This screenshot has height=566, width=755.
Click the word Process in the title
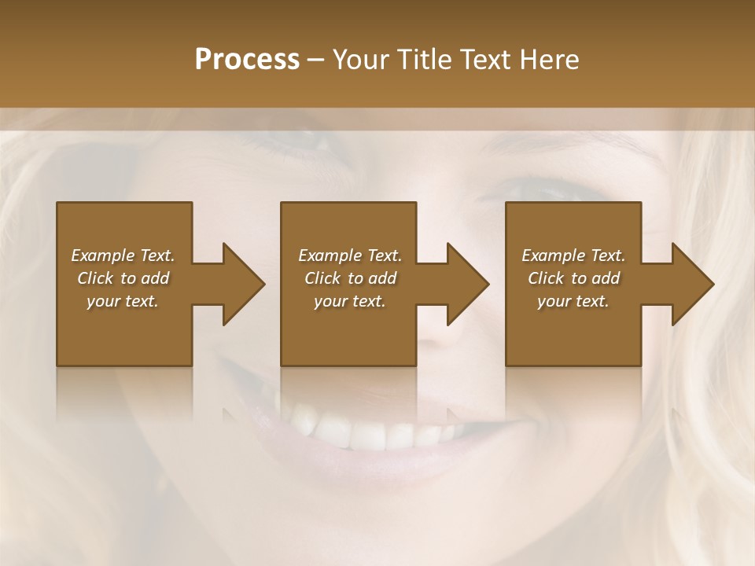[247, 60]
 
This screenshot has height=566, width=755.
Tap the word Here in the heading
[548, 60]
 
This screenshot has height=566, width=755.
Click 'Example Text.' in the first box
[123, 255]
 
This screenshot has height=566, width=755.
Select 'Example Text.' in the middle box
[350, 255]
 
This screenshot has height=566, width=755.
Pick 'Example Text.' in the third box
[573, 255]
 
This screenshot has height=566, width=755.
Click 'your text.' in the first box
[123, 301]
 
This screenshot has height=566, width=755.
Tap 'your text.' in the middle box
[350, 301]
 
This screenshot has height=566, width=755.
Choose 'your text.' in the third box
[573, 301]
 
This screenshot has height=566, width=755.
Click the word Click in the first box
[94, 278]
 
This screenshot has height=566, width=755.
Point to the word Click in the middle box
[322, 278]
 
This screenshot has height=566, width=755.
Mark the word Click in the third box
[545, 278]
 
